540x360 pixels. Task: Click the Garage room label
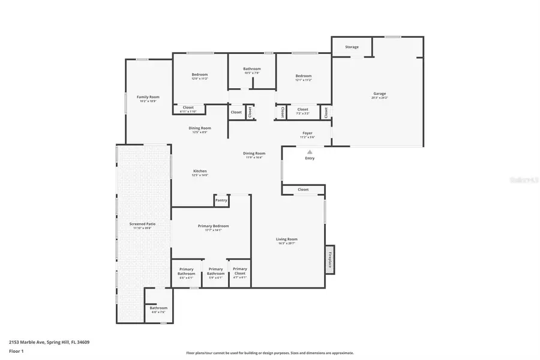click(379, 94)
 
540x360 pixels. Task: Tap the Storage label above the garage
click(352, 47)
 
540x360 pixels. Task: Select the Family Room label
click(148, 97)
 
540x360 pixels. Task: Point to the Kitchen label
click(199, 171)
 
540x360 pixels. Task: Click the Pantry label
click(221, 200)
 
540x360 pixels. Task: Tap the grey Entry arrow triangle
click(310, 152)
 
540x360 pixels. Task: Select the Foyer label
click(307, 133)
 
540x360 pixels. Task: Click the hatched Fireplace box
click(329, 259)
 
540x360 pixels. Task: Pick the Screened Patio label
click(142, 224)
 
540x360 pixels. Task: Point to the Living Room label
click(287, 239)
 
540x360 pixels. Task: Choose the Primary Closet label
click(239, 269)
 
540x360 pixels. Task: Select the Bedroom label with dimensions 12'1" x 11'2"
click(303, 76)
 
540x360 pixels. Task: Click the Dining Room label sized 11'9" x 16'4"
click(254, 153)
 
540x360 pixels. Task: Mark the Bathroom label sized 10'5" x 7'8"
click(252, 69)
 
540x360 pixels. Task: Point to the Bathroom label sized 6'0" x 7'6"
click(158, 308)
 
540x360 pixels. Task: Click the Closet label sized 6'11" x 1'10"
click(188, 108)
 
